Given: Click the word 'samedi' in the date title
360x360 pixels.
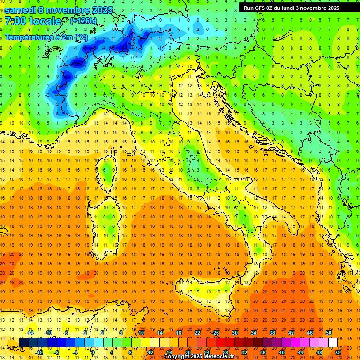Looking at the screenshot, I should pyautogui.click(x=23, y=9).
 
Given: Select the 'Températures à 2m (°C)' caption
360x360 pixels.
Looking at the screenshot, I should pyautogui.click(x=46, y=37).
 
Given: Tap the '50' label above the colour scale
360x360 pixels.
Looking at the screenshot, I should pyautogui.click(x=328, y=333).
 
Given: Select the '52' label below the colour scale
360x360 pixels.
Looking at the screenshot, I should pyautogui.click(x=338, y=352).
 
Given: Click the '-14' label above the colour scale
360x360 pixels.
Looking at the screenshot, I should pyautogui.click(x=29, y=333).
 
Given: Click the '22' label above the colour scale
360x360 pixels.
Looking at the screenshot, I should pyautogui.click(x=197, y=333).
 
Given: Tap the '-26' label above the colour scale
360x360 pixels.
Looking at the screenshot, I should pyautogui.click(x=215, y=333).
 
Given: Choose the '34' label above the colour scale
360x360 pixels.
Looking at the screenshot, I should pyautogui.click(x=253, y=333).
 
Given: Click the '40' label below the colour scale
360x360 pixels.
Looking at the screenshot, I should pyautogui.click(x=281, y=352).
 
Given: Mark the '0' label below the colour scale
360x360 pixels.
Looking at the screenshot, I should pyautogui.click(x=93, y=352).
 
